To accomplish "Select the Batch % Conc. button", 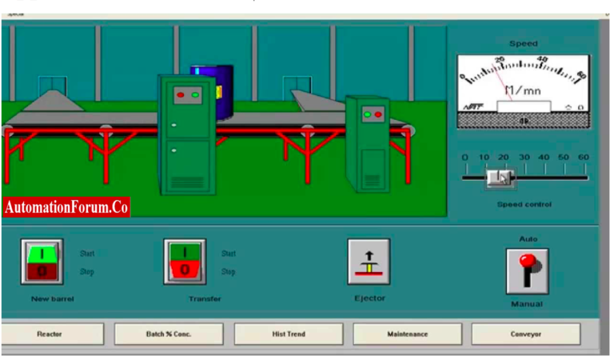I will click(169, 334).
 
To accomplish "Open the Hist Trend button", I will click(289, 334).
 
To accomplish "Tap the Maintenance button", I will click(407, 334).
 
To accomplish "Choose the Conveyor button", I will click(525, 334).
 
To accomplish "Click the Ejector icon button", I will click(369, 262).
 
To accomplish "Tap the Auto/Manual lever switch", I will click(527, 270).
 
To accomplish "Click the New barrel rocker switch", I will click(42, 262).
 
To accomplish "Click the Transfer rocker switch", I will click(185, 262).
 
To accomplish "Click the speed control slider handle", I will click(500, 177).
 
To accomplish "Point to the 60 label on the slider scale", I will click(583, 157).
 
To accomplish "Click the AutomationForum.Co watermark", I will click(66, 207).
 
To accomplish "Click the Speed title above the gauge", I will click(524, 43).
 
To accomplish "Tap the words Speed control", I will click(524, 204).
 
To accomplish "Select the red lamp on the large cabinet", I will click(180, 94).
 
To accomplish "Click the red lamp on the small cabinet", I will click(378, 115).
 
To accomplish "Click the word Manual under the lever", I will click(526, 304).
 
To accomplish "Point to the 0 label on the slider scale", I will click(464, 157).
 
